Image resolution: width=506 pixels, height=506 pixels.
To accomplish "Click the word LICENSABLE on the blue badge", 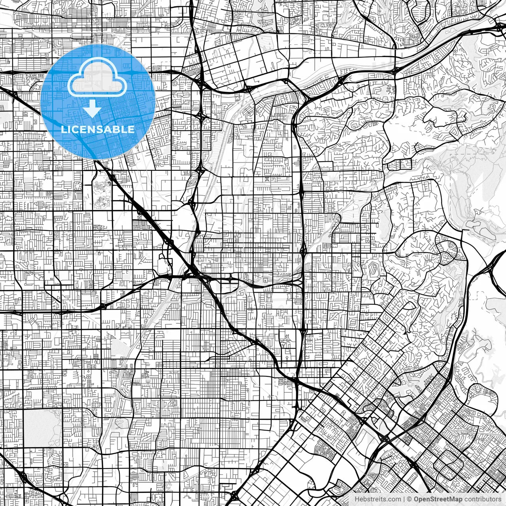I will [98, 129].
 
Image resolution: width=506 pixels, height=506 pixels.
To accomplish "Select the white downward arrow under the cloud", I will [93, 109].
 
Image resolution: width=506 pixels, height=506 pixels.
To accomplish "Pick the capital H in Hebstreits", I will [357, 499].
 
